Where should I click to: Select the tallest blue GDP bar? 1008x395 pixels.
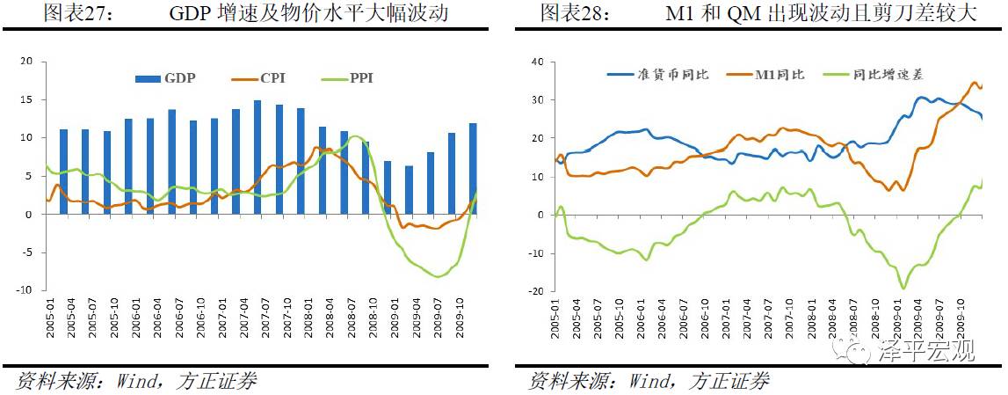(257, 157)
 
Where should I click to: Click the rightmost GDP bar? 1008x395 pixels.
(474, 169)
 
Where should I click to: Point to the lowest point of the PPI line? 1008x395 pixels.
(437, 277)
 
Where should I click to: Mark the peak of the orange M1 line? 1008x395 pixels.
(974, 83)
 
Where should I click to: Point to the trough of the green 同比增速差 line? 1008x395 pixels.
(903, 288)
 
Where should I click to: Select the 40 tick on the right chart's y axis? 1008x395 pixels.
(538, 62)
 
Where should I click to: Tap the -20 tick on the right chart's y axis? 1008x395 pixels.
(536, 290)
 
